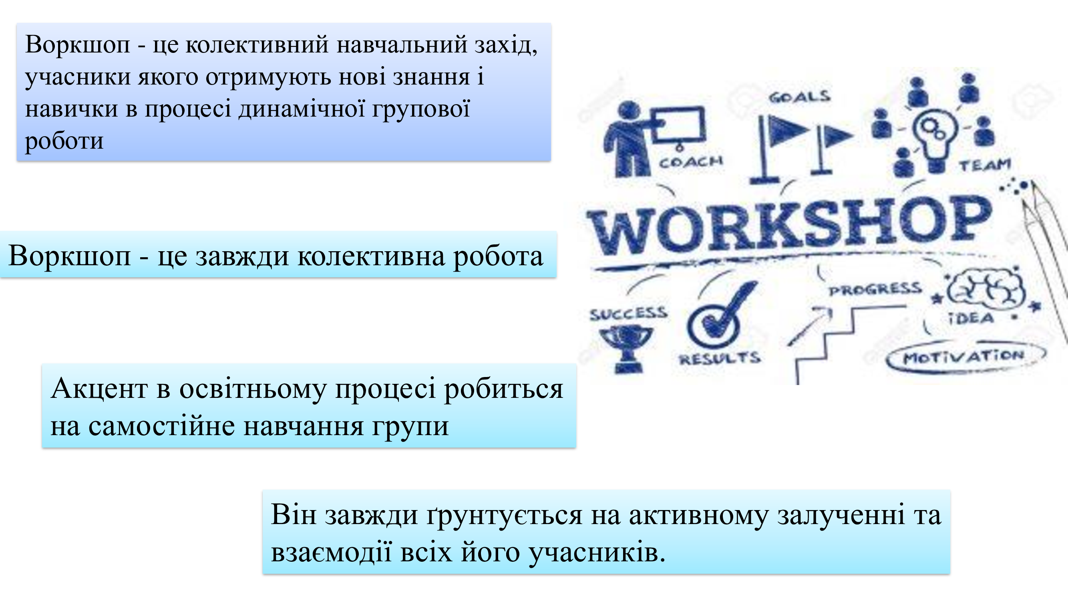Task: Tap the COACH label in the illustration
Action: click(691, 162)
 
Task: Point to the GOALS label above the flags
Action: click(800, 97)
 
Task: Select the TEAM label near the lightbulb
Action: click(985, 165)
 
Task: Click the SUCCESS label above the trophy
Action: click(629, 314)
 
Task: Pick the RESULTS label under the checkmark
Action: click(719, 358)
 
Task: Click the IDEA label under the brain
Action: click(971, 319)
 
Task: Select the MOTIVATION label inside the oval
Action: click(963, 357)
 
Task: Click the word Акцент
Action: click(99, 389)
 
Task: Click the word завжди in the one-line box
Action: click(242, 256)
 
